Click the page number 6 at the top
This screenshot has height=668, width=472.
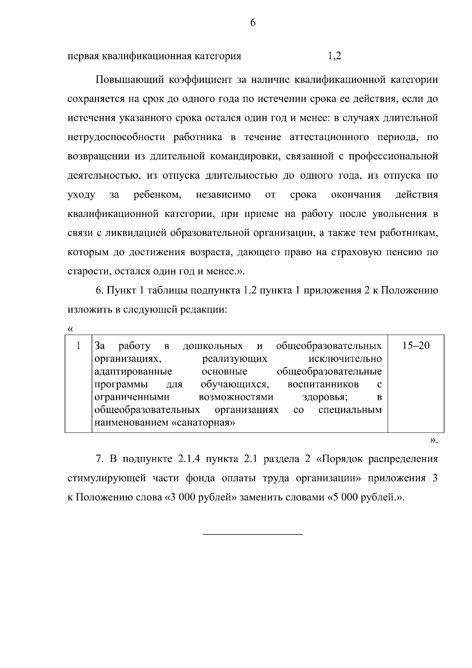[x=253, y=23]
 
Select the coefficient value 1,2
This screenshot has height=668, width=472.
[x=334, y=56]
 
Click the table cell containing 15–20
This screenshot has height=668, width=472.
[x=416, y=346]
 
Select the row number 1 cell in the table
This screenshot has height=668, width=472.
[x=79, y=346]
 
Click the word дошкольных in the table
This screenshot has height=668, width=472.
[x=213, y=346]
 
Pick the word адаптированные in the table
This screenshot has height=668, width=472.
[x=133, y=372]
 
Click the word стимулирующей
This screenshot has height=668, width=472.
[x=110, y=479]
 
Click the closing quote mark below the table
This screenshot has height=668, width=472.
[x=433, y=440]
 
